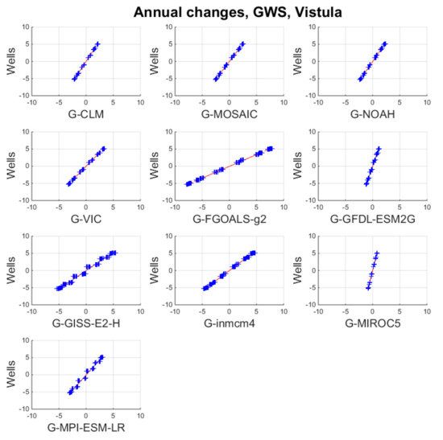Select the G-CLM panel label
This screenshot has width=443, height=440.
(x=86, y=114)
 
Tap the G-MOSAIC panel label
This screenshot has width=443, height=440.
(x=230, y=114)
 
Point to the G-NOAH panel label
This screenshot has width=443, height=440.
(x=371, y=114)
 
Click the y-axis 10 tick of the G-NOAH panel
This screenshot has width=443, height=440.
(x=308, y=27)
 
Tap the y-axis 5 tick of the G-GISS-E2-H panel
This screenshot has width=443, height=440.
(x=25, y=253)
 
